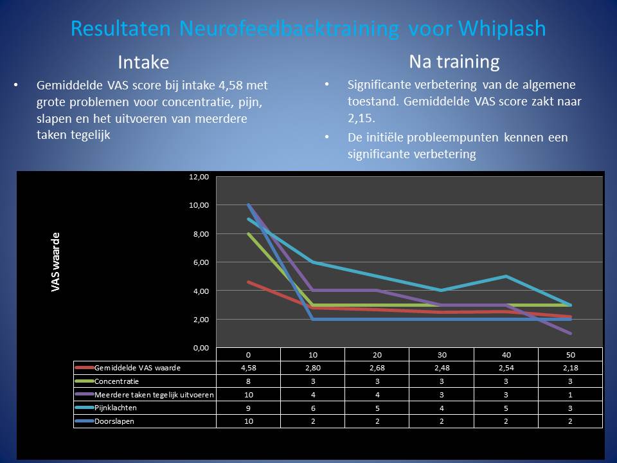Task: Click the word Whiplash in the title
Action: (x=503, y=28)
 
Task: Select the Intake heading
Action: (x=143, y=62)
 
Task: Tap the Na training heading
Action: (x=454, y=62)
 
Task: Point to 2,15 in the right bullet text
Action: (x=361, y=118)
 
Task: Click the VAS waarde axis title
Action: (x=55, y=262)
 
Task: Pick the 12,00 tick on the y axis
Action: (x=199, y=177)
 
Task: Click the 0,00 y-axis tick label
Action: (x=201, y=348)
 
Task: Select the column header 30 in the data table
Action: (x=442, y=355)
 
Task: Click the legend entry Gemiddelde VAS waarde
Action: (x=138, y=368)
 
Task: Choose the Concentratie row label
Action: (x=116, y=381)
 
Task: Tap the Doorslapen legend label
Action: (x=114, y=421)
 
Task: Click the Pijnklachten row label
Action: (x=115, y=408)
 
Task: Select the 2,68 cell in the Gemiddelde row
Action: (x=377, y=368)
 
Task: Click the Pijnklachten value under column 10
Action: (x=313, y=408)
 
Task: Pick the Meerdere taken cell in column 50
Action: (x=570, y=395)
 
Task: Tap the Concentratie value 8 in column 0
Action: (x=248, y=381)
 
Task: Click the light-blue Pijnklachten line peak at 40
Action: (x=506, y=277)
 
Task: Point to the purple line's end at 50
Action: (x=570, y=334)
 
